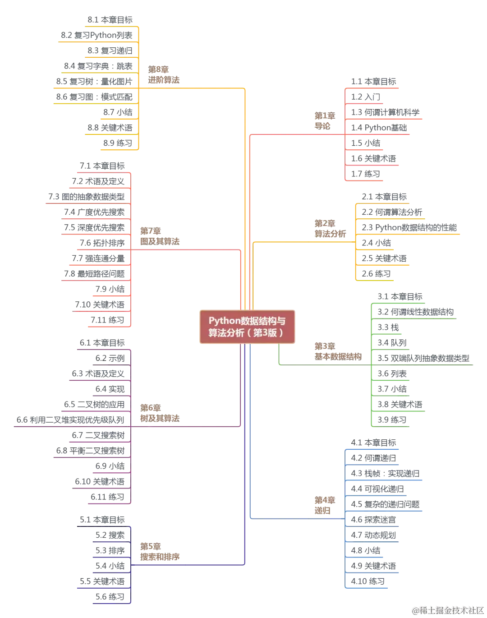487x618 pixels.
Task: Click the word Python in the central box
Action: pos(224,321)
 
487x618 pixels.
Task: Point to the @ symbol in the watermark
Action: pos(415,610)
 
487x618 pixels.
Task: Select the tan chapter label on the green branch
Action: pos(338,351)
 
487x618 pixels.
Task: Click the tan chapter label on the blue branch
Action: pos(325,505)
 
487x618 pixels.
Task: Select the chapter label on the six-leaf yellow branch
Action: pos(330,228)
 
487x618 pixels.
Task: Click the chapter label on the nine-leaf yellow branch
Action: pos(163,75)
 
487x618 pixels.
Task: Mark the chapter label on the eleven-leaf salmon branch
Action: pos(158,235)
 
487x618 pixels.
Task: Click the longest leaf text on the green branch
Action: pos(424,359)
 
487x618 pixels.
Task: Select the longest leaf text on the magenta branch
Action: pos(70,420)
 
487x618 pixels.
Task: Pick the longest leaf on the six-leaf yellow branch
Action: pos(409,227)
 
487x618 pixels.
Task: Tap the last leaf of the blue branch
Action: pos(368,581)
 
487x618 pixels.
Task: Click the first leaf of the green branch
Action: pos(400,296)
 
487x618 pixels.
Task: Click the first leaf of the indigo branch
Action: pos(103,519)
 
